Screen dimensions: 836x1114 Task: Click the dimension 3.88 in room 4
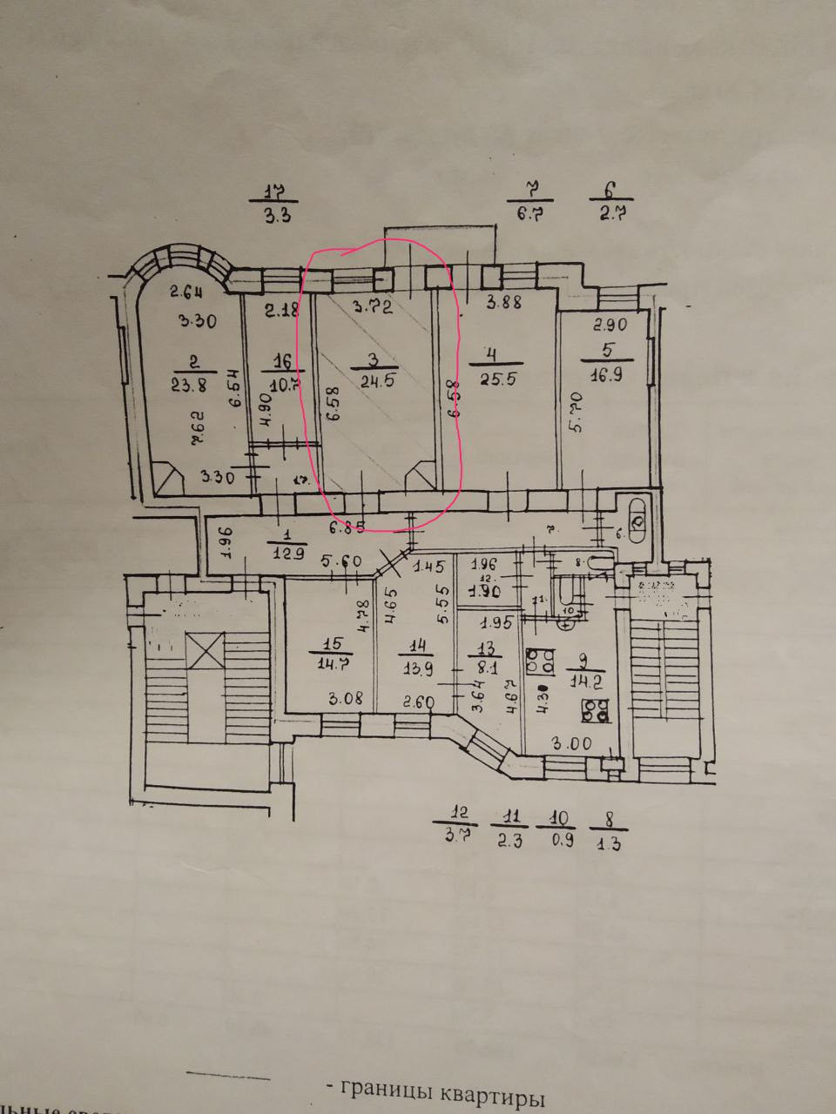(504, 304)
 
